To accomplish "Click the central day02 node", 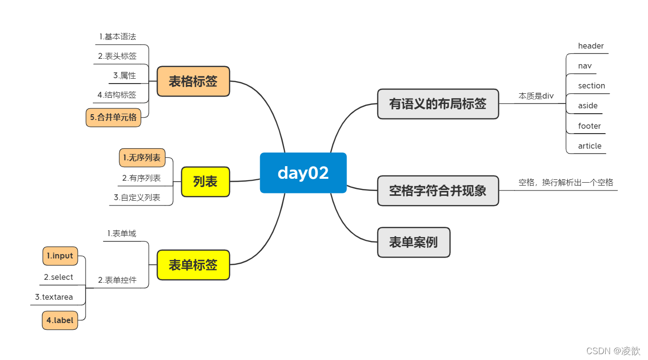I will [303, 173].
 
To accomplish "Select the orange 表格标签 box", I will [193, 81].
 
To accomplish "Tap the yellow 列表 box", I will [205, 182].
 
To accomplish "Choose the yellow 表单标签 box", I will [193, 265].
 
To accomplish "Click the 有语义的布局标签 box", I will [438, 103].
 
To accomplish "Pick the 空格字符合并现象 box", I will [438, 190].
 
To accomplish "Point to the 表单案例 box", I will [414, 242].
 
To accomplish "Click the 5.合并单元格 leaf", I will [113, 118].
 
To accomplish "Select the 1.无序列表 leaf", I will [142, 157].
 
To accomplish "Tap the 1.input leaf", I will [60, 256].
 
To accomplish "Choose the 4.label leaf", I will [60, 320].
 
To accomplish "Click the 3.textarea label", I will [54, 297].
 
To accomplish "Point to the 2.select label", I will [58, 277].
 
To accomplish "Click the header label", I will [591, 46].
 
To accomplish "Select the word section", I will [592, 86].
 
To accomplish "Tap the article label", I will [590, 146].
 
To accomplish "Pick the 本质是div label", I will [536, 96].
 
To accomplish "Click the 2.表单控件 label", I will [117, 280].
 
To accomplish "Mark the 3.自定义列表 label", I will [137, 198].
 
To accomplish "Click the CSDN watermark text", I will [613, 351].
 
